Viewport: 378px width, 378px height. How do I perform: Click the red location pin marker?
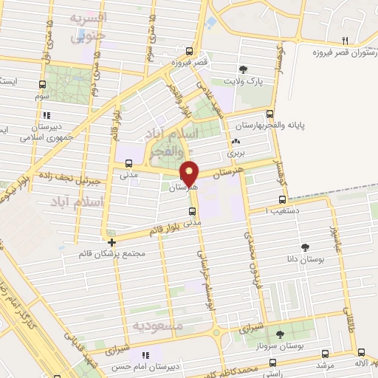pyautogui.click(x=190, y=173)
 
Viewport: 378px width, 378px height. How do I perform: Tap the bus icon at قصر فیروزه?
pyautogui.click(x=190, y=51)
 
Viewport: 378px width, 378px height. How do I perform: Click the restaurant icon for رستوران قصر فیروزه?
pyautogui.click(x=344, y=41)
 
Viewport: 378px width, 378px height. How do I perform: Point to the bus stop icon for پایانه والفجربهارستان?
pyautogui.click(x=269, y=114)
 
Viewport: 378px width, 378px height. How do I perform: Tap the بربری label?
pyautogui.click(x=235, y=152)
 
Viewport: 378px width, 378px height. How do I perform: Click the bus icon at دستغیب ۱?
pyautogui.click(x=282, y=199)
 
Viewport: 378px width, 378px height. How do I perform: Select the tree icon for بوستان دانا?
pyautogui.click(x=306, y=247)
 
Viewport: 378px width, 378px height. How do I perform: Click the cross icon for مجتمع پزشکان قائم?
pyautogui.click(x=111, y=241)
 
